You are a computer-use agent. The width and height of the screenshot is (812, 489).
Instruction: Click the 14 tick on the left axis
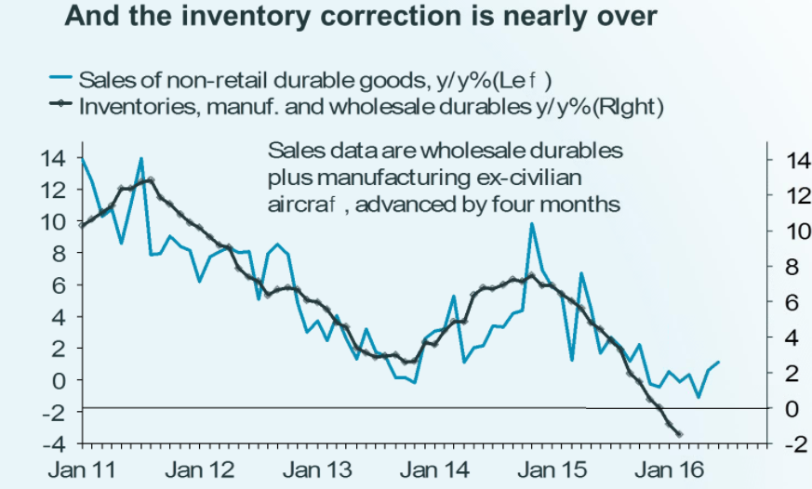tap(52, 158)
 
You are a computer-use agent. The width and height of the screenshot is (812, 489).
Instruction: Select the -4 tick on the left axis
tap(52, 443)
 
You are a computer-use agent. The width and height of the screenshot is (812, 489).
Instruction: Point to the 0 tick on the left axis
tap(60, 380)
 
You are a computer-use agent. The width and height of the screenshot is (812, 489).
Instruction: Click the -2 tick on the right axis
tap(788, 444)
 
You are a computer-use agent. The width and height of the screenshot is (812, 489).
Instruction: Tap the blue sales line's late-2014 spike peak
tap(532, 223)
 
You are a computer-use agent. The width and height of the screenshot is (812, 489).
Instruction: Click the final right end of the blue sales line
tap(719, 362)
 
